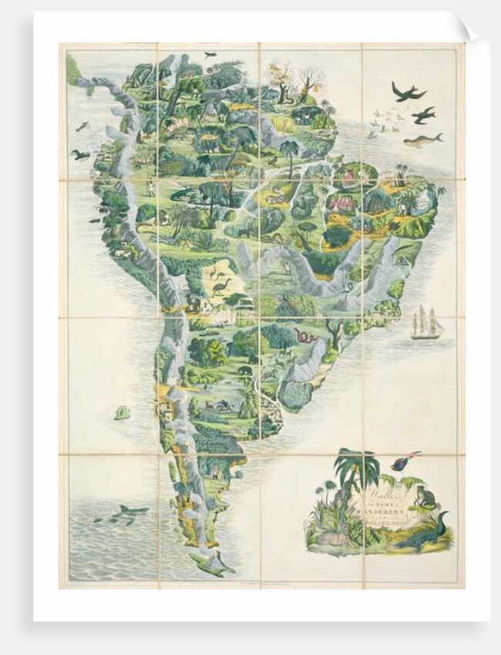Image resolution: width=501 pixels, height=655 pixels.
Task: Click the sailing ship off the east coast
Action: click(426, 324)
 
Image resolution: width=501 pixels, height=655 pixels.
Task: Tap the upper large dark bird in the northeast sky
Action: click(408, 92)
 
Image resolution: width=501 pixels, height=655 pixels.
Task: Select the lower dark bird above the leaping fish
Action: click(422, 116)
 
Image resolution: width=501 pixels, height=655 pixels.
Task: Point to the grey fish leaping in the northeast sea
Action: click(422, 140)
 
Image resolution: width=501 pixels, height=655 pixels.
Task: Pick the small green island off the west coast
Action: click(122, 413)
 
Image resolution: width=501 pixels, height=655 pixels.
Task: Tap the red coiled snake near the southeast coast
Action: click(302, 336)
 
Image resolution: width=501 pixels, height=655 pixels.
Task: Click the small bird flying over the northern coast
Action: click(210, 55)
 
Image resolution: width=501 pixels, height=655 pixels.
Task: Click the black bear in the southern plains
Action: click(244, 371)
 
